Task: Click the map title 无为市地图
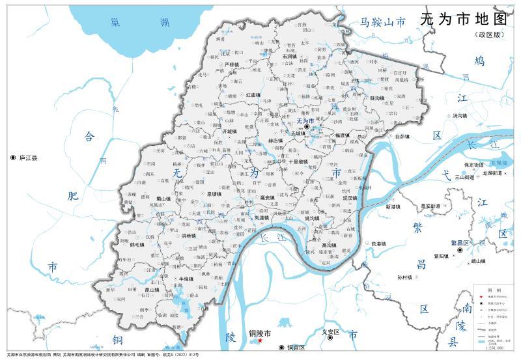(463, 19)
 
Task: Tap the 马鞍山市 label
(384, 23)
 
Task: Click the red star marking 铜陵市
(260, 340)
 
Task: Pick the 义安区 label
(331, 332)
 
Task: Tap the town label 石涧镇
(290, 57)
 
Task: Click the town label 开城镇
(230, 132)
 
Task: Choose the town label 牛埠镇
(186, 279)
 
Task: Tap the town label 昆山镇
(152, 290)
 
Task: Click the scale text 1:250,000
(494, 349)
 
